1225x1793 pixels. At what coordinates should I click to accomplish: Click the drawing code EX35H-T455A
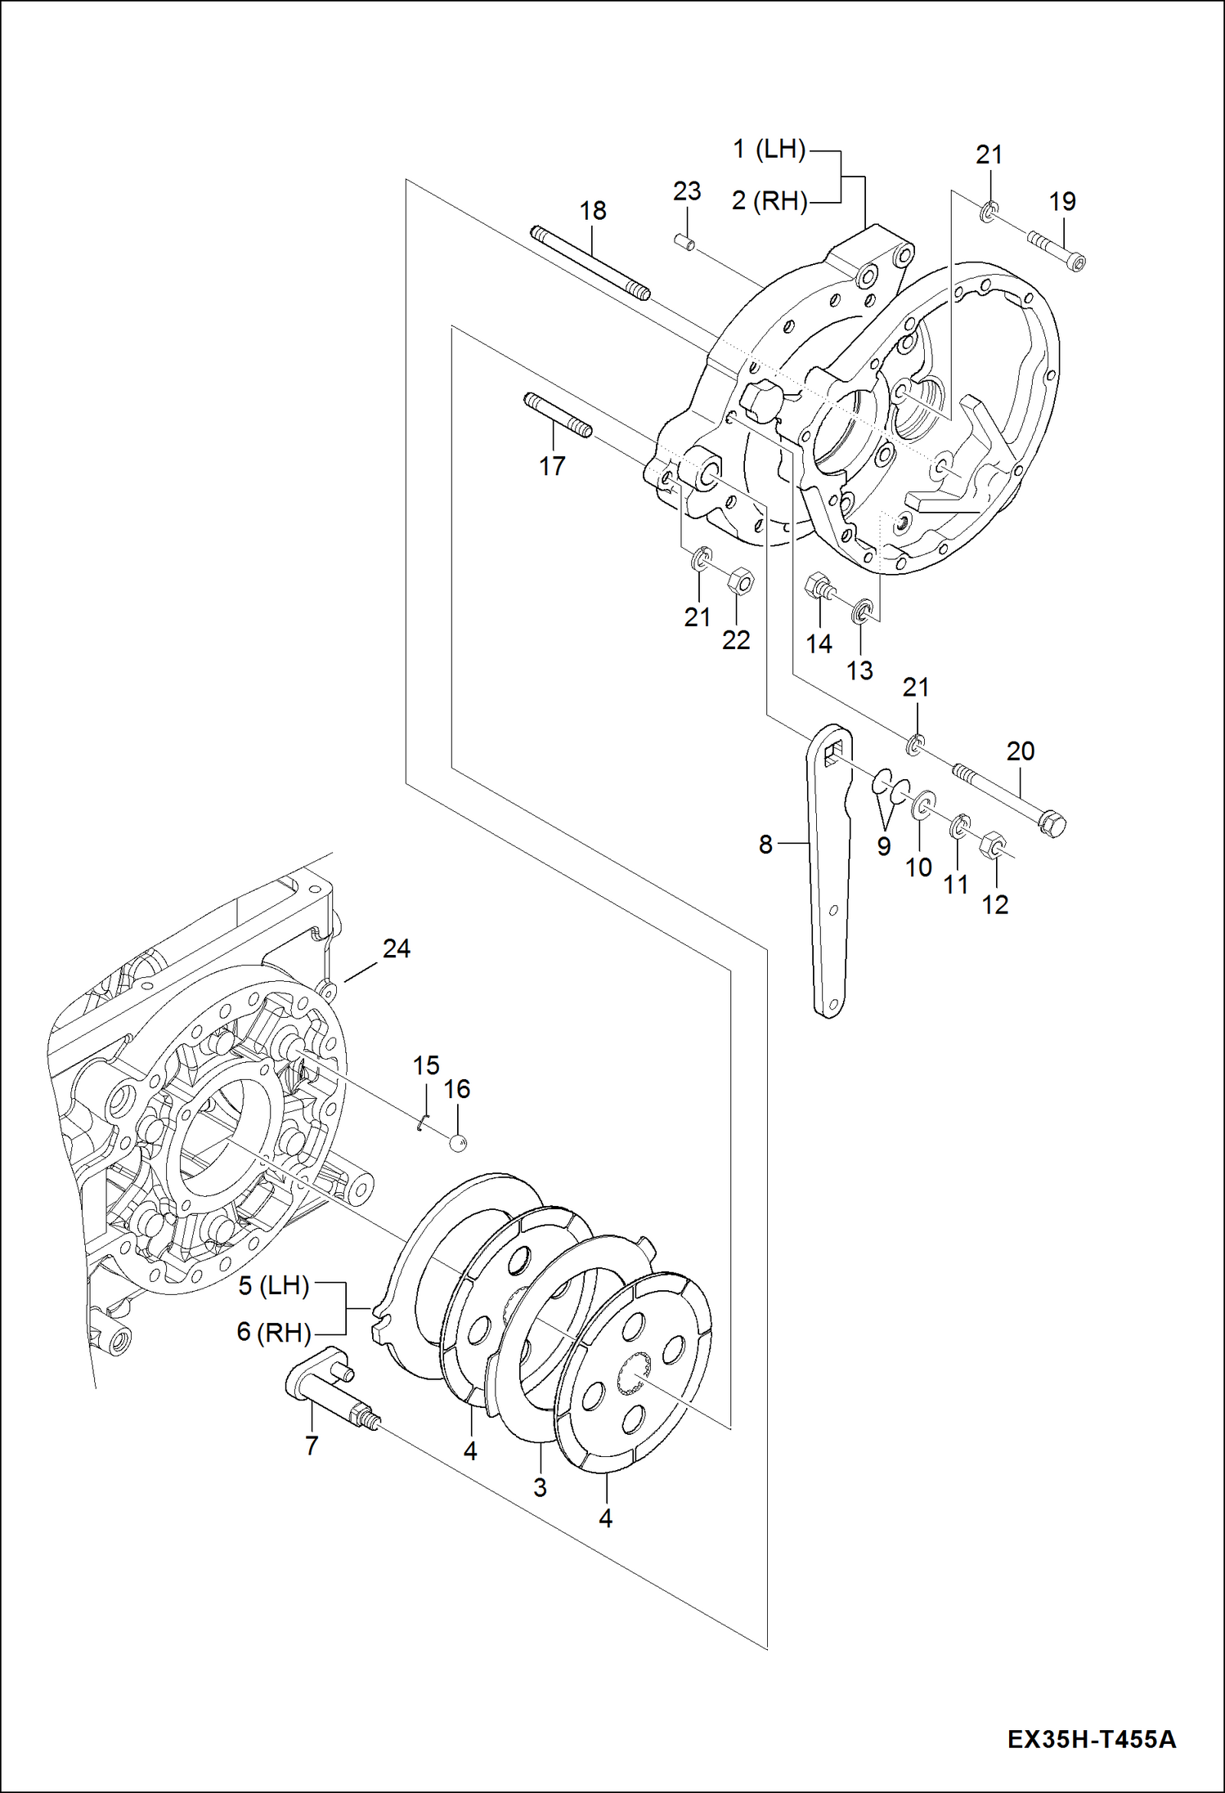coord(1091,1738)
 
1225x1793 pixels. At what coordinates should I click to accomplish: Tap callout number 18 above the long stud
coord(592,211)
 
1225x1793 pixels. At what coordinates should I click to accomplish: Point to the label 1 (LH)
coord(769,150)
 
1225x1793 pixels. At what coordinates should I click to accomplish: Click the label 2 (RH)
coord(769,201)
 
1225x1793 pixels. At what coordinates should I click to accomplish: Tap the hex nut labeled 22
coord(740,581)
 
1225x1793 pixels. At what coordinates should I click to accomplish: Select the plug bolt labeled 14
coord(820,587)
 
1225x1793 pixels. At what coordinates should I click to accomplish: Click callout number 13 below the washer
coord(859,670)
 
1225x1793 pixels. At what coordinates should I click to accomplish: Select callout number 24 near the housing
coord(396,948)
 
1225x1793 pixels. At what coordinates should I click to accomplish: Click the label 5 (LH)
coord(273,1286)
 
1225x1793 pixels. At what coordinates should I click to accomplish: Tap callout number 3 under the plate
coord(540,1487)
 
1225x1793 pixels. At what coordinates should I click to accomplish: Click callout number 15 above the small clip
coord(425,1065)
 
